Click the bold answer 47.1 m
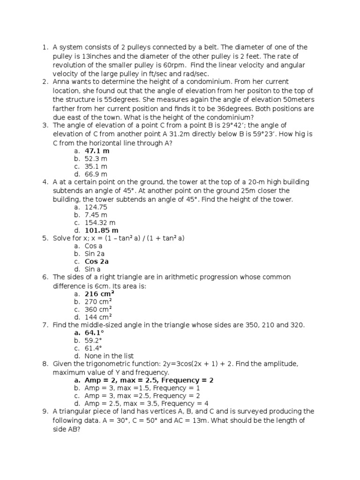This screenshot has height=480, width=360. click(97, 151)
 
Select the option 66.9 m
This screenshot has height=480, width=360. click(96, 175)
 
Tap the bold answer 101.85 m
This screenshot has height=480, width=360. click(102, 231)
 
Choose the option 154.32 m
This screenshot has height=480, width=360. click(100, 223)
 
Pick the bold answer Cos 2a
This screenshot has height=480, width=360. click(97, 262)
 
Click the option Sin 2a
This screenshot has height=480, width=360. click(94, 254)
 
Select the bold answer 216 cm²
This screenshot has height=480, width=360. click(99, 294)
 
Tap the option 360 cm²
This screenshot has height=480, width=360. click(98, 309)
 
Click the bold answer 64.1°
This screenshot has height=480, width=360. click(94, 333)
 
